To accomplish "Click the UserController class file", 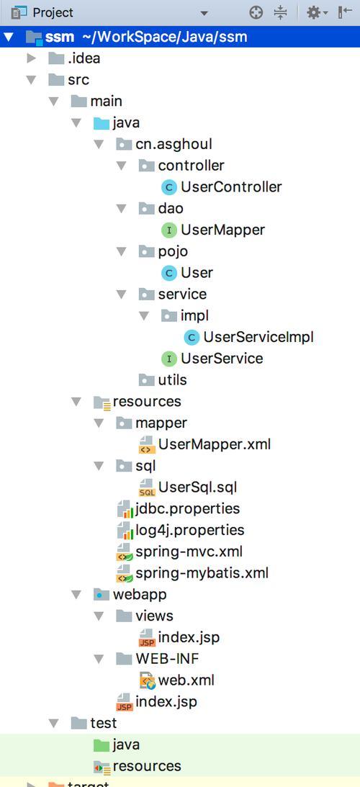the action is point(221,187).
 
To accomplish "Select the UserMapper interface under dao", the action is point(212,230).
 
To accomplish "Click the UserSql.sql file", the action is point(187,487).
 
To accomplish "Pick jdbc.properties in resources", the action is point(178,508).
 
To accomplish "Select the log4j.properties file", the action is point(180,530).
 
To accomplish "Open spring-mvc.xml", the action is point(179,552).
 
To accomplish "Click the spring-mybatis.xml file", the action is point(192,572).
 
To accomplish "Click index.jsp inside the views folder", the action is point(179,637).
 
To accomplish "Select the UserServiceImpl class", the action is point(248,337).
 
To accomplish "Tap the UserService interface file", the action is point(212,359).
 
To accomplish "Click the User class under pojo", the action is point(186,273).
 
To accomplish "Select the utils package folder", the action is point(162,380).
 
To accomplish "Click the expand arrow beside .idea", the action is point(32,59).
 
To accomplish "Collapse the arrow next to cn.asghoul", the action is point(99,145).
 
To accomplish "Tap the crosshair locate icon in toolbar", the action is point(256,12).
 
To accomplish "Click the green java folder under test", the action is point(117,745).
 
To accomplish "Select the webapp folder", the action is point(130,594).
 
